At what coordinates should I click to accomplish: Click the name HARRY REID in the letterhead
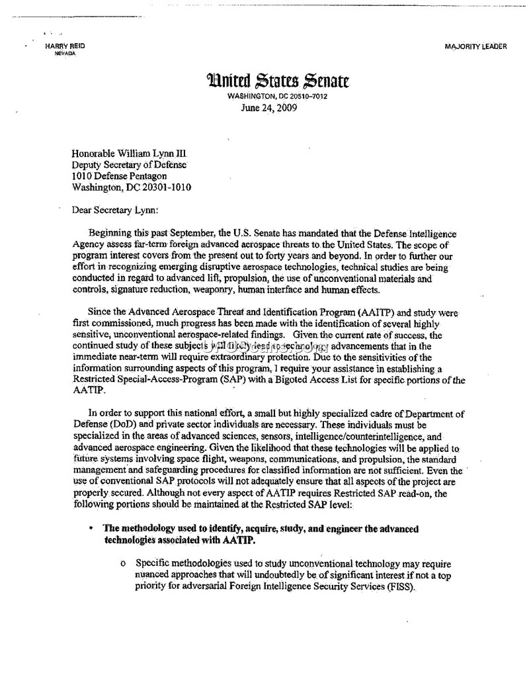[x=65, y=46]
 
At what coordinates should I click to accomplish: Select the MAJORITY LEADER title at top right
[x=476, y=47]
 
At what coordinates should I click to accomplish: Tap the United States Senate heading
[x=278, y=81]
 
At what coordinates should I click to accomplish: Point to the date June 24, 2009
[x=269, y=108]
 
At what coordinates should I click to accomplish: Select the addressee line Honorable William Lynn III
[x=129, y=153]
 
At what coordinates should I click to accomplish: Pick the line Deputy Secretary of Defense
[x=129, y=164]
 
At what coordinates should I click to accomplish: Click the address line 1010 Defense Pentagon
[x=119, y=176]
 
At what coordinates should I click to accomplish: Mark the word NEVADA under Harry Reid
[x=65, y=54]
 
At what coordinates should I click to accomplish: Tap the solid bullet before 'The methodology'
[x=91, y=529]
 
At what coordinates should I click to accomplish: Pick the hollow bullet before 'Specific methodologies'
[x=123, y=564]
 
